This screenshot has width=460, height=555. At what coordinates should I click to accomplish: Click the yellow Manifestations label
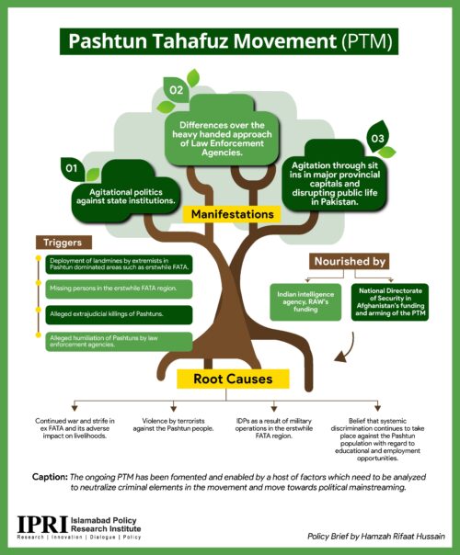[232, 214]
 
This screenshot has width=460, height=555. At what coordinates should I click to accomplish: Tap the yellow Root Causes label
[233, 379]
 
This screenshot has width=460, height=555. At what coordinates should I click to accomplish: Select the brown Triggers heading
[63, 243]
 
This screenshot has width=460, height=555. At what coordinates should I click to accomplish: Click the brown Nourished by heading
[350, 262]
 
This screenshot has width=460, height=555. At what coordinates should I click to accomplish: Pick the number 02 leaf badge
[176, 89]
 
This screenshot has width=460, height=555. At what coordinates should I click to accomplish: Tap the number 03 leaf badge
[378, 138]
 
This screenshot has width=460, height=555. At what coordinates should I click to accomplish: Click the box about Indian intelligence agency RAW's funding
[305, 302]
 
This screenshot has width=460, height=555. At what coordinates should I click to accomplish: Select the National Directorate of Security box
[390, 302]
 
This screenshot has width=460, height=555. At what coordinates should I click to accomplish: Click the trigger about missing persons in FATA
[119, 289]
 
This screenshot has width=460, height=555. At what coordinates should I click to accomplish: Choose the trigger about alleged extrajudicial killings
[119, 314]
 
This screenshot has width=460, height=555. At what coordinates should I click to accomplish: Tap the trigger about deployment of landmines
[119, 265]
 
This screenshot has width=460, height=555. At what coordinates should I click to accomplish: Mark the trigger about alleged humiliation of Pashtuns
[119, 342]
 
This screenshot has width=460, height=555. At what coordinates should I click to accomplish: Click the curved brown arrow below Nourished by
[349, 350]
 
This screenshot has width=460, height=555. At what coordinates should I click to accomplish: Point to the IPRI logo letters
[42, 524]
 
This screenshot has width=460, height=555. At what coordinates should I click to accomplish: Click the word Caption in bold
[50, 477]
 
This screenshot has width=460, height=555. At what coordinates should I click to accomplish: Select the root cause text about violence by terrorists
[173, 425]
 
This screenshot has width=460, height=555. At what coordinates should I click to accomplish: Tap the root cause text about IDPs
[273, 428]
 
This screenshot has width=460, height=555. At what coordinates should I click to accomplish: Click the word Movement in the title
[284, 41]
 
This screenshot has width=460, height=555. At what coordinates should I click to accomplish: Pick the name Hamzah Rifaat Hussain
[403, 537]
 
